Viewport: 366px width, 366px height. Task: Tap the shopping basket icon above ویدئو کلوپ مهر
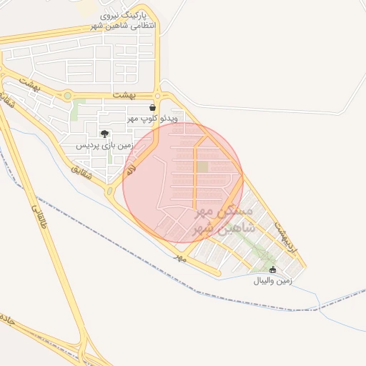pyautogui.click(x=152, y=108)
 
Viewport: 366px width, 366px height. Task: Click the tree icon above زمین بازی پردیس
pyautogui.click(x=104, y=134)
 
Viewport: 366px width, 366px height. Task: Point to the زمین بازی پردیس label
pyautogui.click(x=105, y=144)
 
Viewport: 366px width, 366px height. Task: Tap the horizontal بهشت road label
pyautogui.click(x=124, y=95)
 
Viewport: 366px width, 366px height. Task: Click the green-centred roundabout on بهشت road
pyautogui.click(x=67, y=94)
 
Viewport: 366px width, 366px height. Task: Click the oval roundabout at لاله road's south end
pyautogui.click(x=110, y=191)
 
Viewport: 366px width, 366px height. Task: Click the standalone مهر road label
pyautogui.click(x=180, y=256)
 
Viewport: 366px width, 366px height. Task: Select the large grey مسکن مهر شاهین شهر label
pyautogui.click(x=224, y=222)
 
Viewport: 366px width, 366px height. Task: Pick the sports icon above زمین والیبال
pyautogui.click(x=272, y=269)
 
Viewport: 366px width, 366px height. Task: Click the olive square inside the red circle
pyautogui.click(x=203, y=167)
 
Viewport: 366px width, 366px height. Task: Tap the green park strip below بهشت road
pyautogui.click(x=76, y=111)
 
